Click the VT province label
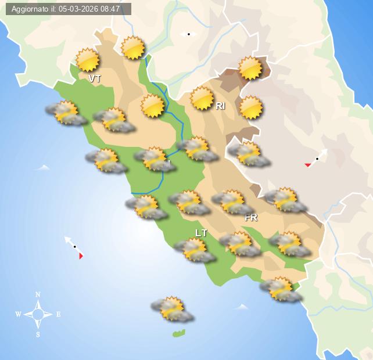click(95, 78)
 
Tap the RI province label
click(220, 106)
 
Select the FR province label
click(251, 218)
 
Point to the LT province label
click(201, 233)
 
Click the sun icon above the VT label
click(88, 60)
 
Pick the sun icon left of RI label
click(202, 98)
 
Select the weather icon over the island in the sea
click(171, 309)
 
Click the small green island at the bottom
click(179, 333)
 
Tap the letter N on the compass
click(38, 294)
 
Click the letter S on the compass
click(38, 334)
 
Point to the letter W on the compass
click(18, 315)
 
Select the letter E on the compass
click(58, 315)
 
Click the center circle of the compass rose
click(38, 315)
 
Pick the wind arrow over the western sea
click(74, 247)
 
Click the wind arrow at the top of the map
click(188, 34)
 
